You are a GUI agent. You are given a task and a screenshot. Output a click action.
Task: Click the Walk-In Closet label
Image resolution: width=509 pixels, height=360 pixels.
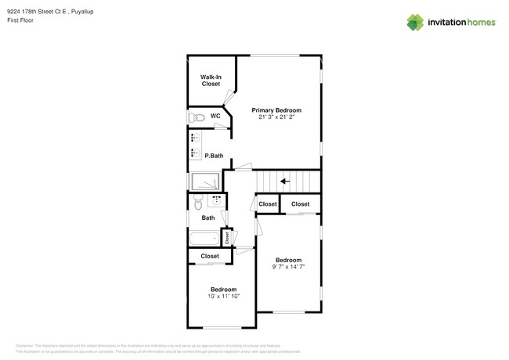(211, 80)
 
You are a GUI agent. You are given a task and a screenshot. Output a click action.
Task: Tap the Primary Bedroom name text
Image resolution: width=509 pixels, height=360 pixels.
(276, 110)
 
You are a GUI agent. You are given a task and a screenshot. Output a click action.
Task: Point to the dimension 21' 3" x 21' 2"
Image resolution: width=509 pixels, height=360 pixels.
(276, 117)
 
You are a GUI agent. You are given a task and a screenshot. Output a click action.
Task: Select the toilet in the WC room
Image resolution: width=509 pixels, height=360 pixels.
(197, 117)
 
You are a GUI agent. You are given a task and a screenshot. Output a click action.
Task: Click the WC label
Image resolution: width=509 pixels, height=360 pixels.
(215, 116)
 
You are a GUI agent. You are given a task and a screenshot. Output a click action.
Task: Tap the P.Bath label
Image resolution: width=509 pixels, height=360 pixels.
(214, 156)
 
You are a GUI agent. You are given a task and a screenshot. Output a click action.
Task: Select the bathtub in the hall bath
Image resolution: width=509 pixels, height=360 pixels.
(204, 238)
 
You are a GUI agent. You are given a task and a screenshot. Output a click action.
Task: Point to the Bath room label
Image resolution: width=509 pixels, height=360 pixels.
(208, 218)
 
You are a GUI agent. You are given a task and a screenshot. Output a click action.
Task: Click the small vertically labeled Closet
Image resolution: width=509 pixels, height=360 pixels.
(227, 237)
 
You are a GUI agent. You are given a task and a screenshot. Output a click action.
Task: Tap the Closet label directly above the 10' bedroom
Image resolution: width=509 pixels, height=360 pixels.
(210, 256)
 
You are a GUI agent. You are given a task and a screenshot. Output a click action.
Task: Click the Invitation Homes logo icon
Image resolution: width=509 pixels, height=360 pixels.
(415, 22)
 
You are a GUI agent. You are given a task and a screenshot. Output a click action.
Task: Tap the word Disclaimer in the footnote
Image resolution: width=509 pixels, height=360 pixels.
(25, 344)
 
